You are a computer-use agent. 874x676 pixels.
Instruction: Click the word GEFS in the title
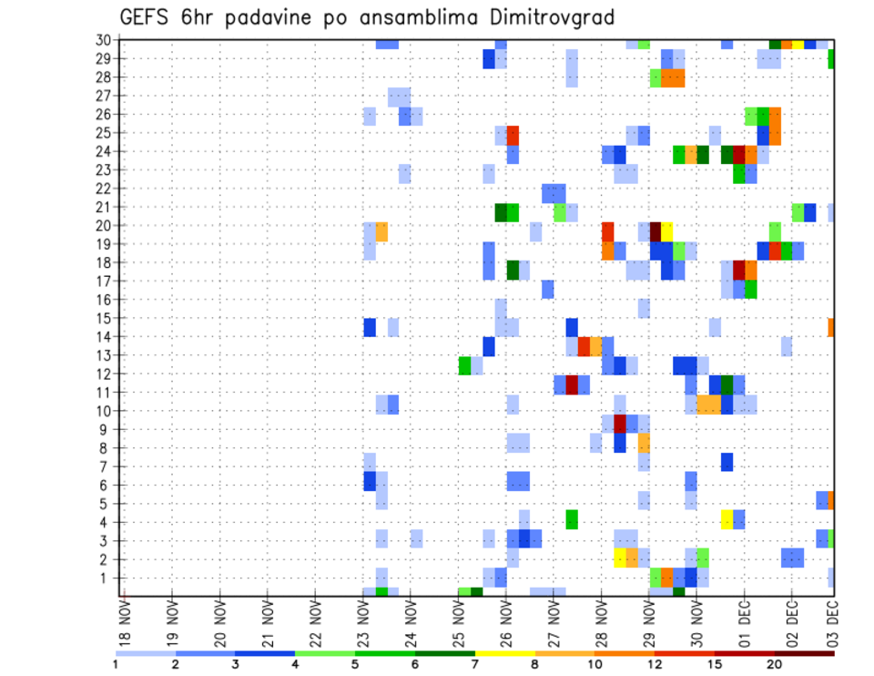coord(144,16)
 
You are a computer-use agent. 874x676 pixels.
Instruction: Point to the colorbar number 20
coord(775,664)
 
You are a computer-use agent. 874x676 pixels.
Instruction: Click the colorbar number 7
coord(474,664)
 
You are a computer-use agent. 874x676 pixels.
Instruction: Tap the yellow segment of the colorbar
coord(504,653)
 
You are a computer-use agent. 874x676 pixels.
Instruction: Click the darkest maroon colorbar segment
coord(805,653)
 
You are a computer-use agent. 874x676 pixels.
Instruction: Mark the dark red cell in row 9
coord(620,424)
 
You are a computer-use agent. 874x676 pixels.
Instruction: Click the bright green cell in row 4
coord(572,519)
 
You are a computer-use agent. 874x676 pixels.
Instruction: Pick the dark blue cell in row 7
coord(727,462)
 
